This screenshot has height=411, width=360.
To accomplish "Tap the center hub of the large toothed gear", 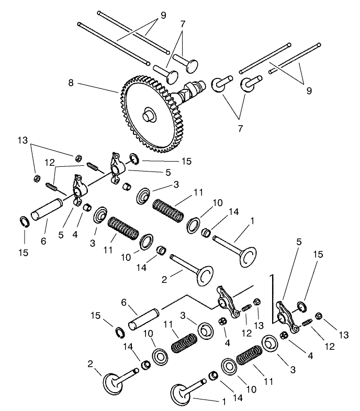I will tap(148, 113).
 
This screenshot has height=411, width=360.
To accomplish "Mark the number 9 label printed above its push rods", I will tap(163, 15).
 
